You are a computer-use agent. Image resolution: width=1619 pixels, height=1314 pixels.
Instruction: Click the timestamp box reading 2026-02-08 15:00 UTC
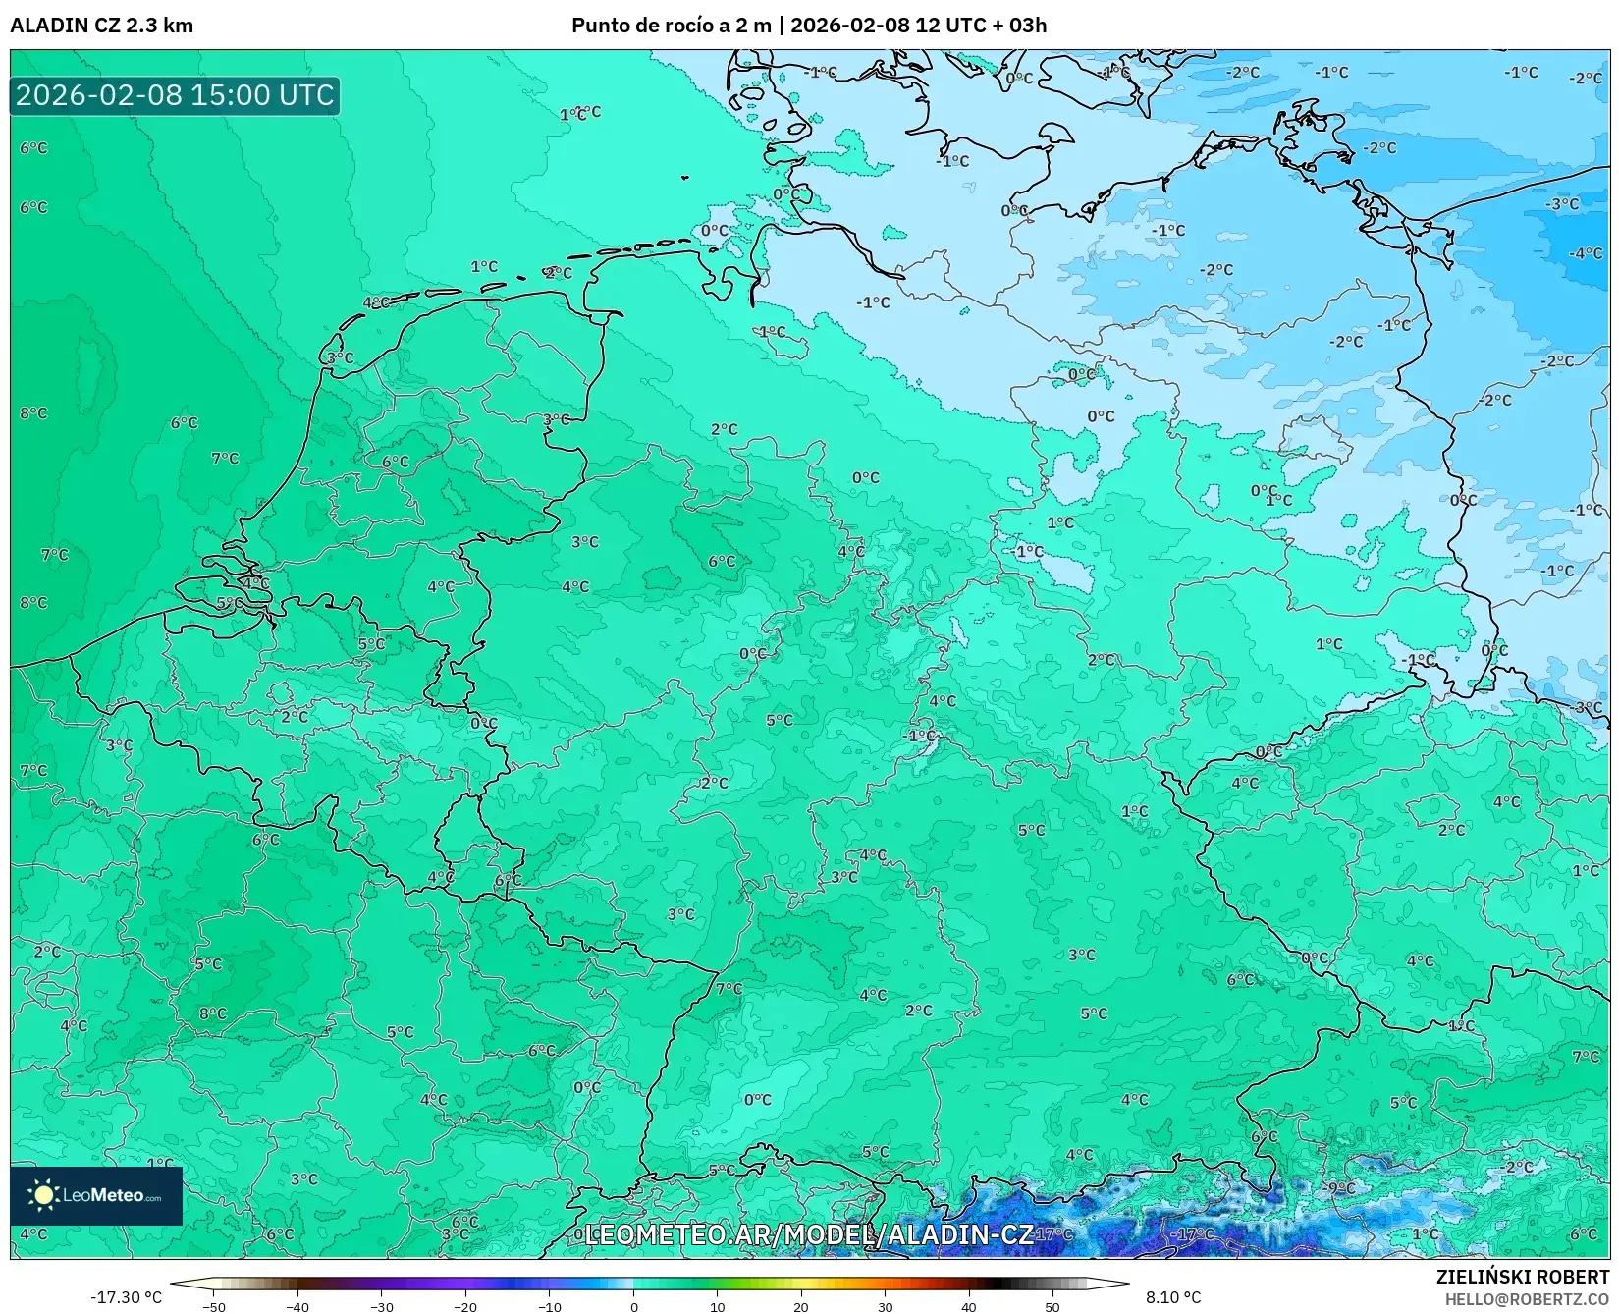[175, 95]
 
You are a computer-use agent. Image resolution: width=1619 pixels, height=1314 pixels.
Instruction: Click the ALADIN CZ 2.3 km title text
[101, 26]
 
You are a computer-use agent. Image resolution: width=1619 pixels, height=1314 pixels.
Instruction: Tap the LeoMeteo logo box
[96, 1195]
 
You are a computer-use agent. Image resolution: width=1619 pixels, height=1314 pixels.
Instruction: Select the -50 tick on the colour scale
[213, 1306]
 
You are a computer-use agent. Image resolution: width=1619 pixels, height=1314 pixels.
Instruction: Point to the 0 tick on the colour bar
[633, 1306]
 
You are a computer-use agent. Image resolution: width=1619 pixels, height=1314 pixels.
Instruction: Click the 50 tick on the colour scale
[1052, 1306]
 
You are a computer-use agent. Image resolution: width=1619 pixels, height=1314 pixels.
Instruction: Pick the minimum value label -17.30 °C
[126, 1297]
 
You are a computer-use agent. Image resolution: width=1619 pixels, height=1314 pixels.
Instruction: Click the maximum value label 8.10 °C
[1173, 1297]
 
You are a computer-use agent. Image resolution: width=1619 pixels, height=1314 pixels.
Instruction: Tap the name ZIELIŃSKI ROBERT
[1523, 1277]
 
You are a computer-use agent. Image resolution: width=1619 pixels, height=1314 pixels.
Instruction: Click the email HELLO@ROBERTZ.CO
[1527, 1299]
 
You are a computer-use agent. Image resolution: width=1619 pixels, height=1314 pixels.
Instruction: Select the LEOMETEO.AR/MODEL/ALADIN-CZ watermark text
[808, 1234]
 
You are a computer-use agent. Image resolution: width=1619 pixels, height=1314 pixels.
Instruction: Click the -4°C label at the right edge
[1584, 253]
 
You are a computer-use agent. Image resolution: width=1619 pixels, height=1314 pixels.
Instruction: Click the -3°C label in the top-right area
[1562, 204]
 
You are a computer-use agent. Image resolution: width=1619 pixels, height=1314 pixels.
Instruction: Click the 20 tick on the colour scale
[801, 1306]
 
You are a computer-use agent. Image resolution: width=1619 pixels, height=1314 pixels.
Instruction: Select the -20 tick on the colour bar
[465, 1306]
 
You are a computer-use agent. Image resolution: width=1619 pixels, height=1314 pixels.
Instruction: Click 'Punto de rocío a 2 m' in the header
[671, 26]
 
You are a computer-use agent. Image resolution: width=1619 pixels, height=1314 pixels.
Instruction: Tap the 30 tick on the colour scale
[885, 1306]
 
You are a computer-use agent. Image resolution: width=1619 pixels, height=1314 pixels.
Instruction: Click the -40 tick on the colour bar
[297, 1306]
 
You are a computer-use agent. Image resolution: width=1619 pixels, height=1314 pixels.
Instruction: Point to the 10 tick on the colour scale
[717, 1306]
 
